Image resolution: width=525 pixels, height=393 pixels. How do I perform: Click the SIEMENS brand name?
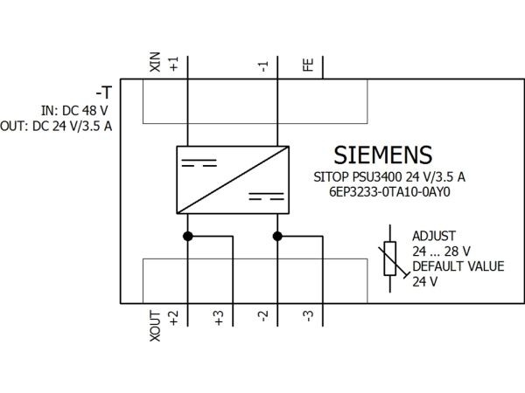pos(383,155)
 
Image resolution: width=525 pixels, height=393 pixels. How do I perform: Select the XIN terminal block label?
pos(155,62)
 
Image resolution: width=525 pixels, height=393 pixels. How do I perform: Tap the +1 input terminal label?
pos(174,64)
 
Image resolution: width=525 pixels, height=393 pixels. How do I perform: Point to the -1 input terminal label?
pos(264,66)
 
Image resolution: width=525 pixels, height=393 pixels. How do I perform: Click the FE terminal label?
pos(308,65)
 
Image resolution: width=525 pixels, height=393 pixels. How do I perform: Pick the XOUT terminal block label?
pos(155,326)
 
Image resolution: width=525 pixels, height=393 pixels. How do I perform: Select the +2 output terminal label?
pos(174,318)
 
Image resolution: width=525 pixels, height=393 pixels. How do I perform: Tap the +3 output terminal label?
pos(219,318)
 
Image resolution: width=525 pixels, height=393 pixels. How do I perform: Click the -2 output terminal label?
pos(264,316)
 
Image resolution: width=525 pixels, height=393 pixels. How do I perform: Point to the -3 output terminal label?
pos(309,316)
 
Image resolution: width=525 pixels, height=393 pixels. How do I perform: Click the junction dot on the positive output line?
pos(188,237)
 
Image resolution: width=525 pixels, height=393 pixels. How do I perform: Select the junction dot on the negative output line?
pos(277,237)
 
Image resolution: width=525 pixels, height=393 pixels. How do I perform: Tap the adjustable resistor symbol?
pos(390,259)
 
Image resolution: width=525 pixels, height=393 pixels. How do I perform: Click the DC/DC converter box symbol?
pos(233,180)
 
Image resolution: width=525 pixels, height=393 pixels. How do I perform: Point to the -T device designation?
pos(103,93)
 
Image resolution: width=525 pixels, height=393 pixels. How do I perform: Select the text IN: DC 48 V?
pos(74,111)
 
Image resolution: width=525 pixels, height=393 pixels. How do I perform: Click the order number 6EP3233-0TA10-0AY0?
pos(389,192)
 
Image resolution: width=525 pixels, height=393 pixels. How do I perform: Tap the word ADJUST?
pos(434,236)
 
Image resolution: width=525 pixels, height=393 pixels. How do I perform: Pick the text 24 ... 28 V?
pos(441,252)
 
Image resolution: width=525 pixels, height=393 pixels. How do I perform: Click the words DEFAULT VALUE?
pos(458,266)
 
